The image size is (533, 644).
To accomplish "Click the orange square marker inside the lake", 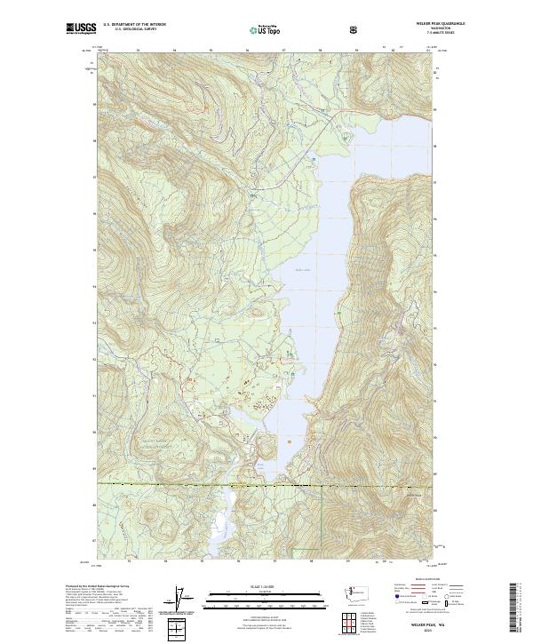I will (287, 438).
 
